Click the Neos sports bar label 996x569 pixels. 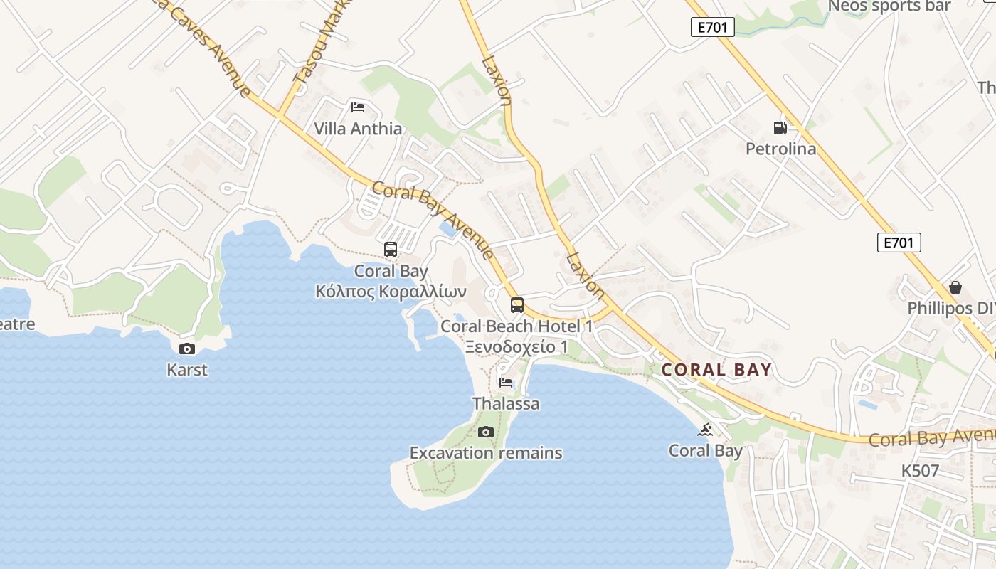click(889, 6)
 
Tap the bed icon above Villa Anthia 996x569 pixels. click(358, 107)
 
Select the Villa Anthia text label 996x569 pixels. click(358, 129)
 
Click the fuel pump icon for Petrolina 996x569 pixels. click(780, 128)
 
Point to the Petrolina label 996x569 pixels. click(780, 149)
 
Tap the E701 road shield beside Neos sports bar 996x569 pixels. click(712, 27)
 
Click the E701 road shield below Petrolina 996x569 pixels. click(899, 243)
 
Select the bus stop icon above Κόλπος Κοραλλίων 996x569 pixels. click(391, 250)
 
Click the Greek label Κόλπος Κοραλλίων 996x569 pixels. click(391, 292)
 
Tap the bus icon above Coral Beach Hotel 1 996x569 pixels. click(517, 305)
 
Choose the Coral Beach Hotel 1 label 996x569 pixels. click(516, 326)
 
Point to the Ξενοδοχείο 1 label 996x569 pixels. click(516, 347)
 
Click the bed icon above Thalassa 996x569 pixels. click(506, 383)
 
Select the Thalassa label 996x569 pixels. click(506, 404)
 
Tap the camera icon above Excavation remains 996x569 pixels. click(486, 432)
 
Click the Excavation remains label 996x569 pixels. click(486, 453)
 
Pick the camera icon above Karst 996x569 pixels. click(187, 349)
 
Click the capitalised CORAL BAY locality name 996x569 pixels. click(716, 370)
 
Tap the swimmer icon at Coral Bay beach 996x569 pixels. click(705, 430)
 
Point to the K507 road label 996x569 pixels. click(920, 471)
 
